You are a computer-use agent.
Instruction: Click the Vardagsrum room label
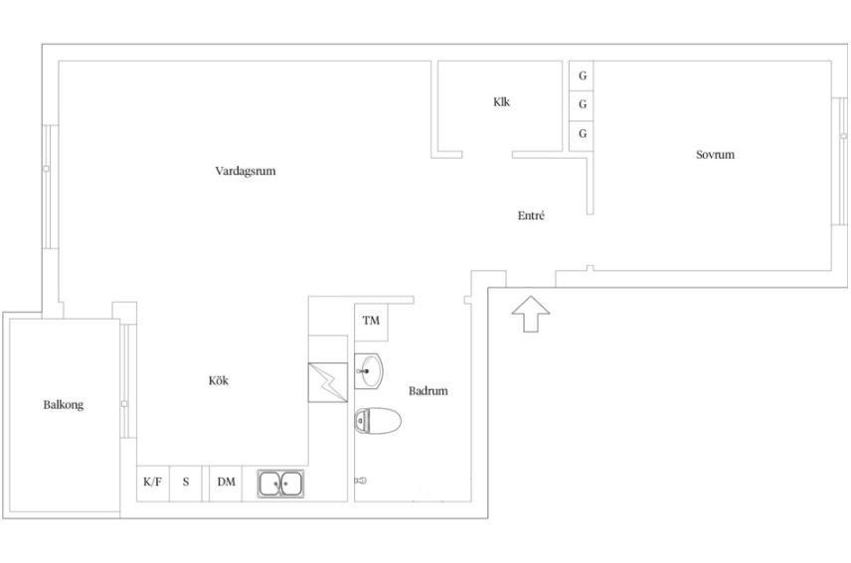246,171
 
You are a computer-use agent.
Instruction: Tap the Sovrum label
715,155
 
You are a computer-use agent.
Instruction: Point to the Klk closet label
501,102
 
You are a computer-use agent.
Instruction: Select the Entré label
531,215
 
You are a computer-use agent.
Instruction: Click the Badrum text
428,390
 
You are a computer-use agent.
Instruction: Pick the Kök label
218,380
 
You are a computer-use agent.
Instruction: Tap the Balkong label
64,405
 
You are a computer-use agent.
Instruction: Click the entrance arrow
530,314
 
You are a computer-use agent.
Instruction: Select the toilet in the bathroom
378,421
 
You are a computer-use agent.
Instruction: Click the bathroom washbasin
369,371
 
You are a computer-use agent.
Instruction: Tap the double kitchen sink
280,484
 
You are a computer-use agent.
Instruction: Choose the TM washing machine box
371,322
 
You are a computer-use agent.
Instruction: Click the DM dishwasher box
226,484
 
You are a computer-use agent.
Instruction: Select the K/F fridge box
152,484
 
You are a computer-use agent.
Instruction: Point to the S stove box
186,484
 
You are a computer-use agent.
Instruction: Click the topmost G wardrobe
582,75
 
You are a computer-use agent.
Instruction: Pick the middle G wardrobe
582,105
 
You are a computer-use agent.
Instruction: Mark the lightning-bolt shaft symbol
328,382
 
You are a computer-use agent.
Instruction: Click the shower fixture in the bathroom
360,481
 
